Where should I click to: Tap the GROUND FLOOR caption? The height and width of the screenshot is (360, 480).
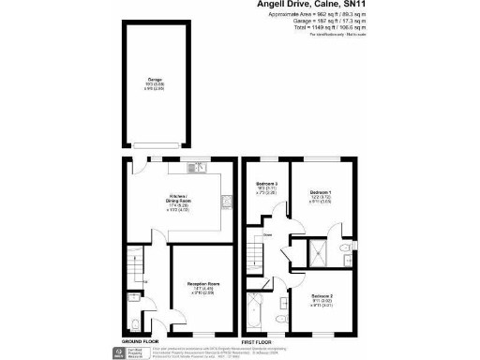pos(140,340)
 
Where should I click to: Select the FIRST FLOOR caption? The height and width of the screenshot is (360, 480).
pos(263,340)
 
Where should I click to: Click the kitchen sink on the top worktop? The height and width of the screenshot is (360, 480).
pos(202,167)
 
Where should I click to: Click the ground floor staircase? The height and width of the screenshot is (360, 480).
pos(137,271)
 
